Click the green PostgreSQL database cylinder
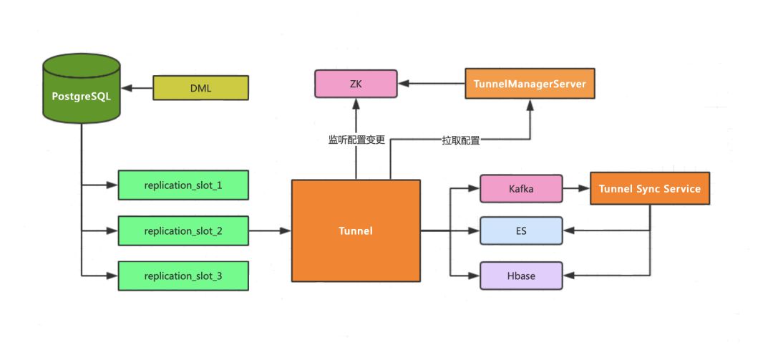point(81,89)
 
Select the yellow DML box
point(200,88)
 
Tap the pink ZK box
point(356,84)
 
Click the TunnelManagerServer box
point(530,84)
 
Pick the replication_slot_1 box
point(183,185)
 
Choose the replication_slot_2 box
point(183,231)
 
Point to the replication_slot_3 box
point(183,276)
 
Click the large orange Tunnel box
point(356,230)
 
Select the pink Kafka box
point(521,188)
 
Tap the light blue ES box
point(521,231)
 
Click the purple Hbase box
point(521,276)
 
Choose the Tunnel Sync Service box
point(650,188)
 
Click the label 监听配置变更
point(356,140)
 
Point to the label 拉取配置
point(460,141)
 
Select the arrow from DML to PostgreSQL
point(137,88)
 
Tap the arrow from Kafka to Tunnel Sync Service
point(576,188)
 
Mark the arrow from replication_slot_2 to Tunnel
point(270,231)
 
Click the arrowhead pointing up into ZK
point(356,103)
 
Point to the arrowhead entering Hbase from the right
point(569,276)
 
